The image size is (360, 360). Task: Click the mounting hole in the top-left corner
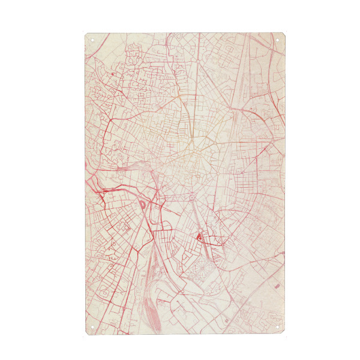(x=92, y=40)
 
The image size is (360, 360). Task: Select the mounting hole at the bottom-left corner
(x=92, y=328)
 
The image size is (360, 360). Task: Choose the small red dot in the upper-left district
(x=112, y=74)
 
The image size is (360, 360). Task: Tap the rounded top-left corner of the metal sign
(x=87, y=35)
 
